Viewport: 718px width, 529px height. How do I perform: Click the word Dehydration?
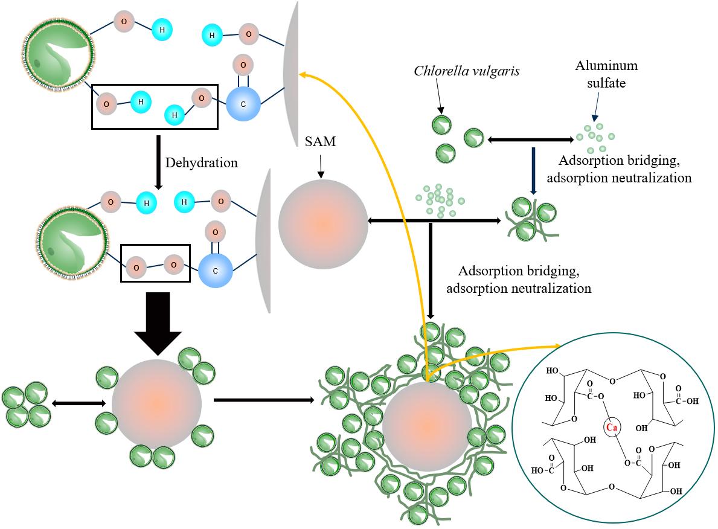[x=202, y=162]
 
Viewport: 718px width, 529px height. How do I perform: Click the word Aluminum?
[x=606, y=65]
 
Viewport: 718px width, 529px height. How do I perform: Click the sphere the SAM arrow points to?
[x=322, y=223]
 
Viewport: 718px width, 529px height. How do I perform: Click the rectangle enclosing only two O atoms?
[x=156, y=263]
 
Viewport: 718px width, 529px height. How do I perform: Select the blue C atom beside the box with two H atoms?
[x=243, y=104]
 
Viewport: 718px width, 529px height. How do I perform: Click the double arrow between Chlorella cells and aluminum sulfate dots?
[x=530, y=140]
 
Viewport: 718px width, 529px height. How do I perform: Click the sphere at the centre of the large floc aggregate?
[x=427, y=426]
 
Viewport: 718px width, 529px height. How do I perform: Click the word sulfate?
[x=606, y=83]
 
